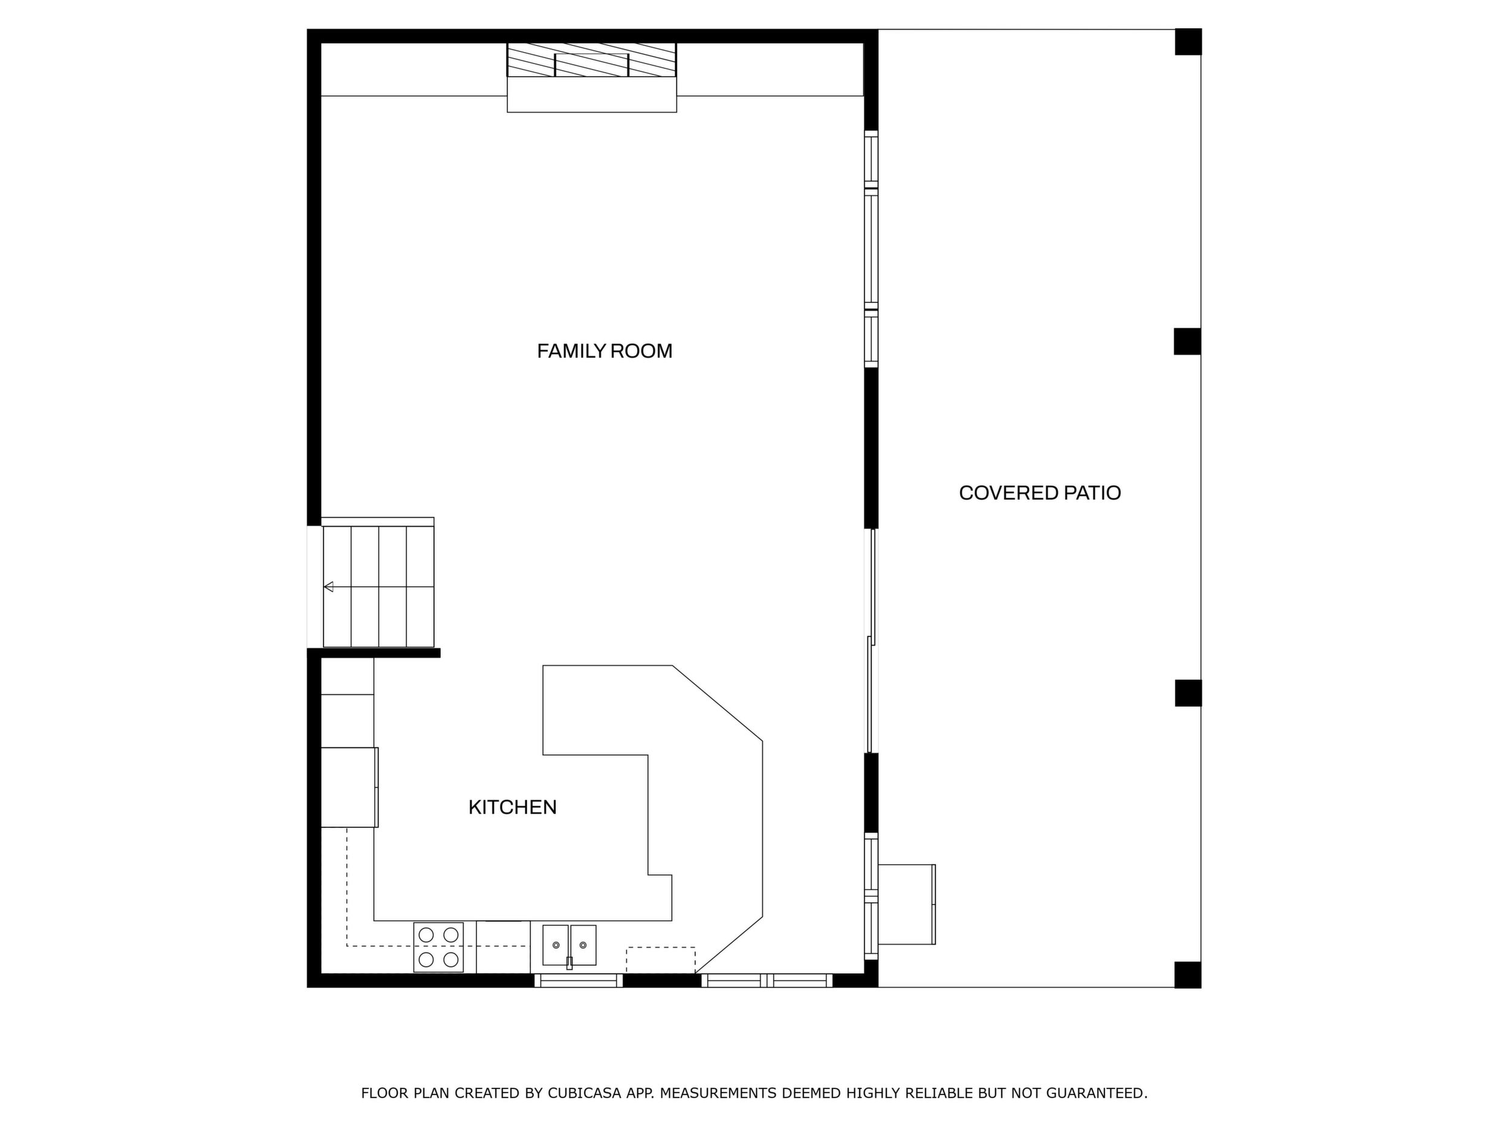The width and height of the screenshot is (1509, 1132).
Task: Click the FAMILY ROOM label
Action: tap(605, 351)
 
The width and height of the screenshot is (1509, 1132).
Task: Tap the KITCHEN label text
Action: tap(512, 807)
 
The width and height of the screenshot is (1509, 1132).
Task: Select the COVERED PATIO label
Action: tap(1040, 493)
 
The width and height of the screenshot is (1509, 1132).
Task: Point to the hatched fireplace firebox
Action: tap(591, 60)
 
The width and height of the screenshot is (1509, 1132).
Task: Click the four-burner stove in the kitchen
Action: tap(438, 947)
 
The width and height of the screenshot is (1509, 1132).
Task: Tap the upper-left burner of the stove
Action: tap(426, 934)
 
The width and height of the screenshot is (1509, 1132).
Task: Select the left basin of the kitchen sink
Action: tap(556, 945)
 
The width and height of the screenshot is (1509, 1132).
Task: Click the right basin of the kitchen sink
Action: tap(583, 945)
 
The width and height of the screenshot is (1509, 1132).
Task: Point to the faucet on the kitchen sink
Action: tap(570, 963)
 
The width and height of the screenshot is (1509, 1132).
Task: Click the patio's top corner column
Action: tap(1188, 42)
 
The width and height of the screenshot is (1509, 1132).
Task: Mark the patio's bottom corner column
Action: tap(1188, 974)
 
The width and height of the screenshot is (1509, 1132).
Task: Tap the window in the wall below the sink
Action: tap(578, 980)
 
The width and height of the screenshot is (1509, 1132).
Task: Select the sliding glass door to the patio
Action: tap(871, 641)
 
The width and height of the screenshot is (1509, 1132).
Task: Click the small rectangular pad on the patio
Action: tap(907, 904)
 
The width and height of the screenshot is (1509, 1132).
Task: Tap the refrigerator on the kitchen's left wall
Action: tap(349, 787)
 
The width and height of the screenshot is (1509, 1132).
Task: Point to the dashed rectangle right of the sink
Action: tap(660, 960)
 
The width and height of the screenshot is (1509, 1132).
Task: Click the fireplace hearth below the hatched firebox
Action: tap(591, 95)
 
